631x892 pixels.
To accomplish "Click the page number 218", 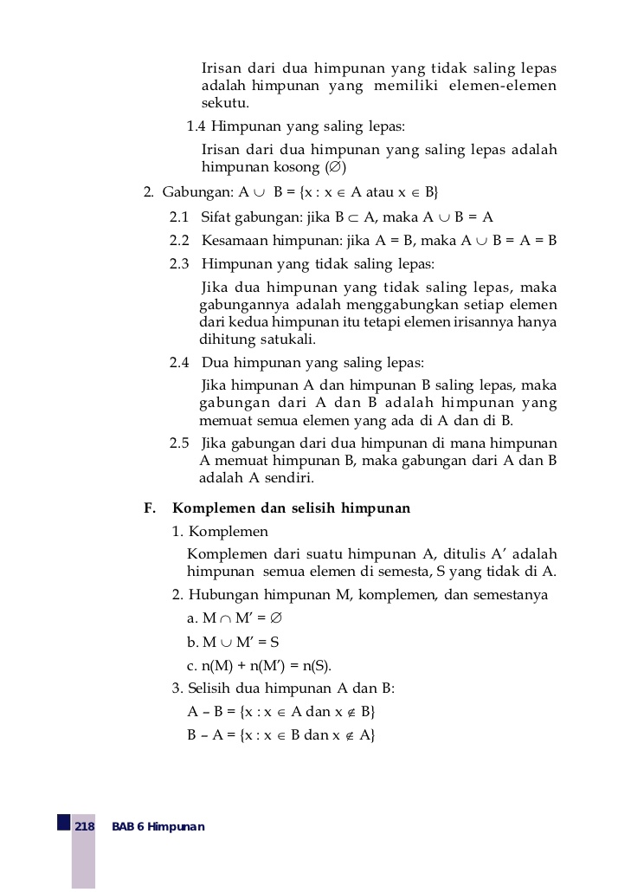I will [x=84, y=827].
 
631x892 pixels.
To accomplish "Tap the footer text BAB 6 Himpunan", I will [x=158, y=827].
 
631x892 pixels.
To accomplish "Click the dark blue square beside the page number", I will [x=64, y=821].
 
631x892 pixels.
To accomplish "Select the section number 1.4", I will [x=196, y=126].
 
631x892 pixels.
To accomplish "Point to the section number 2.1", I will [x=179, y=217].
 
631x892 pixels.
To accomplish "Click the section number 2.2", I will [x=179, y=240].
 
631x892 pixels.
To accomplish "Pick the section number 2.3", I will [x=179, y=263].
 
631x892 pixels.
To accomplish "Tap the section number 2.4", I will [x=179, y=362].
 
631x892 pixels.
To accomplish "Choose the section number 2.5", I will [x=179, y=443].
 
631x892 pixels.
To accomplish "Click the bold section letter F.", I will [x=149, y=508].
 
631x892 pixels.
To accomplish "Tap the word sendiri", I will [x=290, y=478].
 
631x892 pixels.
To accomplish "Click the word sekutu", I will [x=225, y=103].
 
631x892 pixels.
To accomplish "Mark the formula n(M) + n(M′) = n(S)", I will [x=259, y=666].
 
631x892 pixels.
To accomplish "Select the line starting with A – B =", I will [x=280, y=712].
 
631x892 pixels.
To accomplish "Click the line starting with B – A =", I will [x=280, y=735].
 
